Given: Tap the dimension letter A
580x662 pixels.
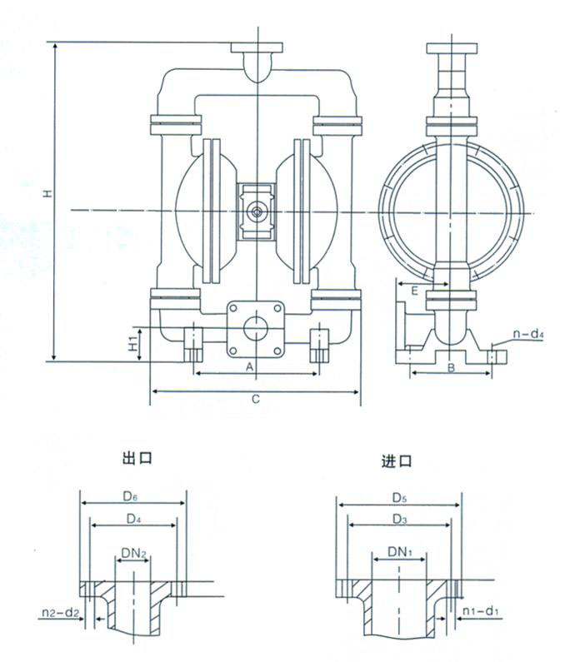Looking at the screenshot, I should (247, 366).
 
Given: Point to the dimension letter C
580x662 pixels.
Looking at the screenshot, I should (257, 399).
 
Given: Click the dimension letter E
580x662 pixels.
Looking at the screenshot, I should (413, 289).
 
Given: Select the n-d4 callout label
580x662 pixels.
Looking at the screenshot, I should (527, 336).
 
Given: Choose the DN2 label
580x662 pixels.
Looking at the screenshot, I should (132, 553).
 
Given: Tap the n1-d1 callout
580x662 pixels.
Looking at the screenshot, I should (481, 615).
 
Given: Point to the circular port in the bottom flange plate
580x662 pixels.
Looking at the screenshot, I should (257, 326).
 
